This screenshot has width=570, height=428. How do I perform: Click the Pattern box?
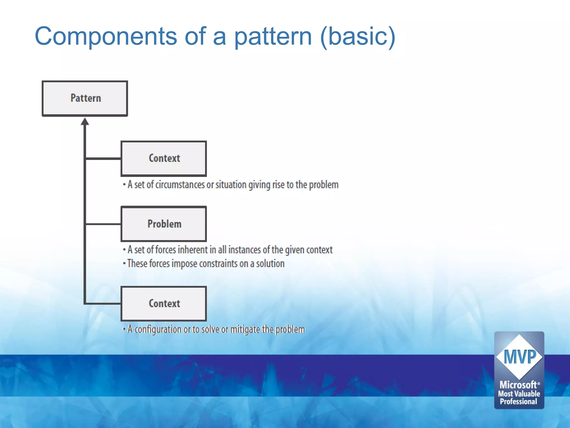point(85,98)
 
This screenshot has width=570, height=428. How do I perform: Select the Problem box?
point(164,224)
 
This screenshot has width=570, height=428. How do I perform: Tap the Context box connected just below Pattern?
point(164,159)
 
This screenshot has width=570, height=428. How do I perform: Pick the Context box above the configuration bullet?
point(164,303)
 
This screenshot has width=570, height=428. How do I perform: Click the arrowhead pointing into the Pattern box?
point(85,122)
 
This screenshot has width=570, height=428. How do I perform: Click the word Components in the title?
point(106,36)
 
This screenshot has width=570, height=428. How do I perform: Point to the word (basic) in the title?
point(358,36)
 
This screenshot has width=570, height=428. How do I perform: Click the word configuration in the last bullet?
point(158,329)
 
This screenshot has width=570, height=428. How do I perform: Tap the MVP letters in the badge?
point(519,357)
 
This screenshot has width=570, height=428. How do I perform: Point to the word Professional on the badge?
point(519,402)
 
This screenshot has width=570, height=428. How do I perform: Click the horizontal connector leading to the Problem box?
point(103,224)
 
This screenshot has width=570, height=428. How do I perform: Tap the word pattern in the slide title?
point(273,36)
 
